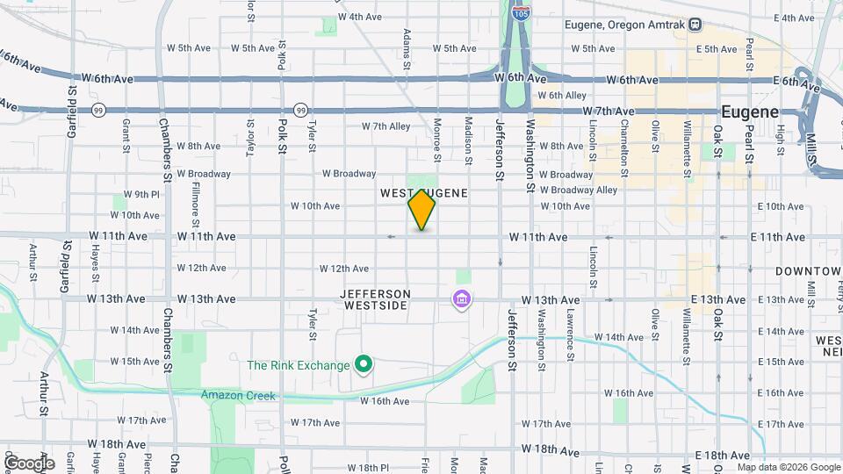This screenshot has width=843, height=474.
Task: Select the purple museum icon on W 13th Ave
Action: (461, 300)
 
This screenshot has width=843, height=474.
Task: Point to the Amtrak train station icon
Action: (695, 25)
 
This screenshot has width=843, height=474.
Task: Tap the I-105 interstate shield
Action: (521, 13)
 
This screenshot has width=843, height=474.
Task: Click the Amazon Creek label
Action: (238, 396)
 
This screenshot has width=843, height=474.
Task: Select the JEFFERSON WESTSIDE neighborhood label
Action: (376, 299)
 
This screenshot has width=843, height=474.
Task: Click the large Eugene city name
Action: (749, 112)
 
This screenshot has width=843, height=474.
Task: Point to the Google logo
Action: (28, 463)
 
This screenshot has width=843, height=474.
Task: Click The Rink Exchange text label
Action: (299, 366)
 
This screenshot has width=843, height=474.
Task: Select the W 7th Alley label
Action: (386, 126)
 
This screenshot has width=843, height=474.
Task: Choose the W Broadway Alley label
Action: (578, 190)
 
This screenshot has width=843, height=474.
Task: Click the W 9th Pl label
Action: (141, 194)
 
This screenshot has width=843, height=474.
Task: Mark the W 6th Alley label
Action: (562, 95)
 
